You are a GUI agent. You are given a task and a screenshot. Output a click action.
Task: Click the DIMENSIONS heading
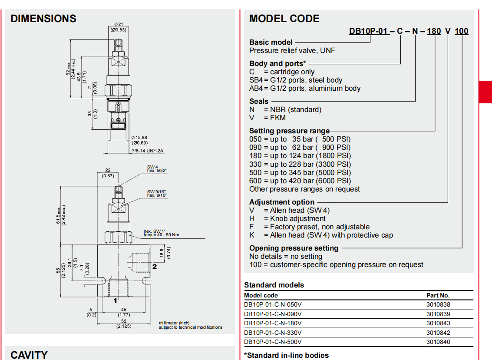point(43,19)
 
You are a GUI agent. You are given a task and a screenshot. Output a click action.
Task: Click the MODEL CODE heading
point(284,19)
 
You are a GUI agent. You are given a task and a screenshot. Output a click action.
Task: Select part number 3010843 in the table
point(438,323)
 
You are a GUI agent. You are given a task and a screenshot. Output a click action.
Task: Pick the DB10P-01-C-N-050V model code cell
point(273,305)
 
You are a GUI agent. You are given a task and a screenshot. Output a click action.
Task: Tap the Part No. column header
point(438,295)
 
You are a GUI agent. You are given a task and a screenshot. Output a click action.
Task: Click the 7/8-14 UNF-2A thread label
point(147,151)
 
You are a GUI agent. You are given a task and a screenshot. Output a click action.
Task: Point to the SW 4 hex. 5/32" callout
point(157,168)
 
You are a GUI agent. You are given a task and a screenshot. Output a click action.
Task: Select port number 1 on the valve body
point(116,300)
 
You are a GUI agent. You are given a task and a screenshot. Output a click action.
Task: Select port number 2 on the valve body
point(154,267)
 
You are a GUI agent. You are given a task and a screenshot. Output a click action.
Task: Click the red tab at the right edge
point(485,92)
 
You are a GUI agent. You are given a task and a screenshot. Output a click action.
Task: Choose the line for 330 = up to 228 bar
point(300,164)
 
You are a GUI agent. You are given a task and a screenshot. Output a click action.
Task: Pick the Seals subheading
point(259,101)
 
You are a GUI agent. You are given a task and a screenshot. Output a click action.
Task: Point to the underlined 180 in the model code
point(434,31)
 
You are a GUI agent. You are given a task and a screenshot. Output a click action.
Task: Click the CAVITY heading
point(29,355)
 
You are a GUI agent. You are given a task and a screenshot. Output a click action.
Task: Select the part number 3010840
point(438,342)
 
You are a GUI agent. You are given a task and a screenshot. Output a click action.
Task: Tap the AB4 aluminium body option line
point(305,88)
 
